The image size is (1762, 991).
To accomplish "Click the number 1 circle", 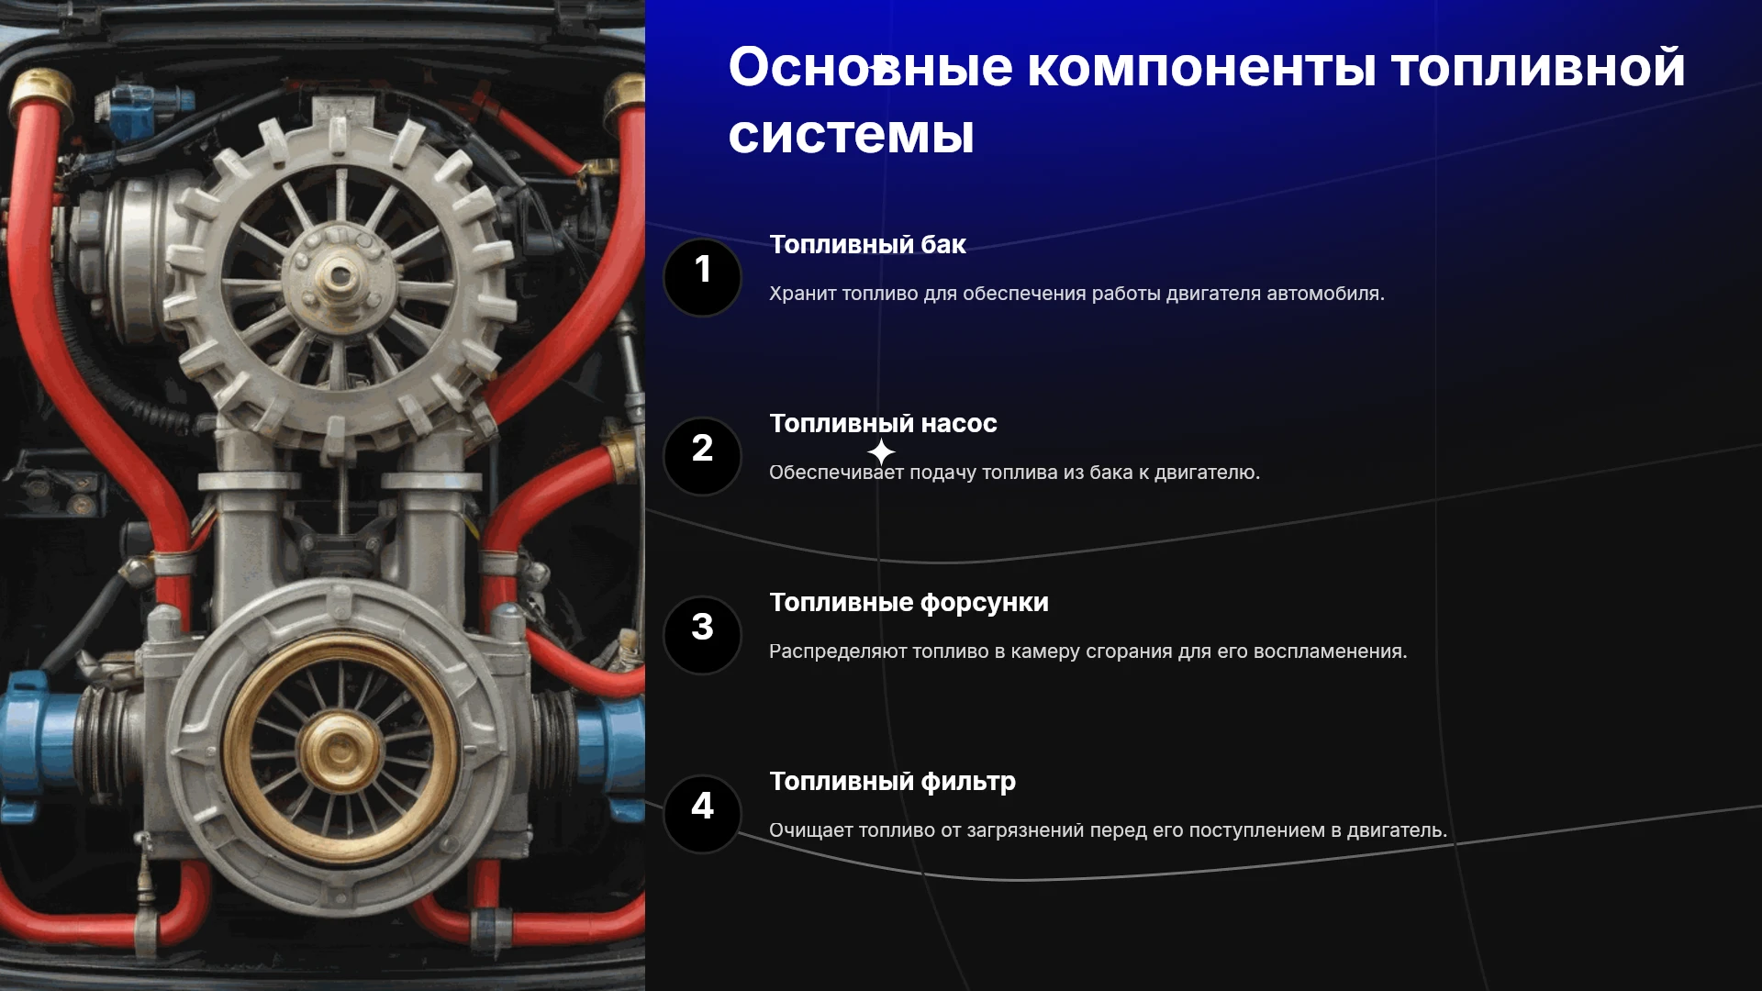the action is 702,277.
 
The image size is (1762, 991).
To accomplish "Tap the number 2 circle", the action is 702,456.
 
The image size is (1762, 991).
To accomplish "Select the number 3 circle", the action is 702,635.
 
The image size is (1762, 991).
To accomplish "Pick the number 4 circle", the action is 702,814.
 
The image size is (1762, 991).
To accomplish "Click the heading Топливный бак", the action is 867,245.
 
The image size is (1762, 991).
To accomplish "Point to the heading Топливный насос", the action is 883,424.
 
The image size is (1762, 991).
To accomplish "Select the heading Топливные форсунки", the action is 909,603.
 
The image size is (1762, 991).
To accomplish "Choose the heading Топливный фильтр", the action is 892,782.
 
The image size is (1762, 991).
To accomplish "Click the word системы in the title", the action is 851,136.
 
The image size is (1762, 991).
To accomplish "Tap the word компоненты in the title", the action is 1201,68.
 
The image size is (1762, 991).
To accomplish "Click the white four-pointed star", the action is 881,452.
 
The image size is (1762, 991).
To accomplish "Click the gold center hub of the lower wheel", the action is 340,752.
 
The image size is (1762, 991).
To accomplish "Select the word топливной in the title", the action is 1538,68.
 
